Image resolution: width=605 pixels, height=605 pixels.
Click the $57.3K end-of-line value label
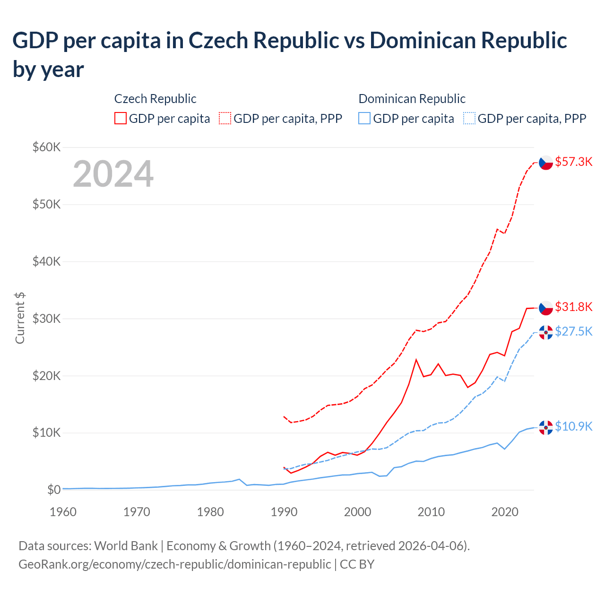tap(573, 162)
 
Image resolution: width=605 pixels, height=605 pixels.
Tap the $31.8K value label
tap(573, 307)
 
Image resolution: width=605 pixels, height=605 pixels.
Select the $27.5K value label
tap(573, 331)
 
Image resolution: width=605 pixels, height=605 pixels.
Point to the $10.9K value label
tap(573, 426)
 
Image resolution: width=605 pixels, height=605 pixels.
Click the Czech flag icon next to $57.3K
tap(546, 163)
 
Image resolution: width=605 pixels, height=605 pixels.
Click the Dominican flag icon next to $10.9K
tap(546, 427)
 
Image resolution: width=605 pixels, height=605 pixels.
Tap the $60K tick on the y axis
tap(46, 147)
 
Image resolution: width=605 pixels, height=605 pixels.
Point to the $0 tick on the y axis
tap(54, 490)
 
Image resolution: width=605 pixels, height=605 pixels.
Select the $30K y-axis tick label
tap(46, 319)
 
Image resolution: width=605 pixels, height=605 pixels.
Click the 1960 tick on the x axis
tap(63, 512)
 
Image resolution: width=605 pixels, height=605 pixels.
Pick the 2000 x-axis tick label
tap(357, 512)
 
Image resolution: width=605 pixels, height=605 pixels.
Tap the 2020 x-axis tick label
tap(505, 512)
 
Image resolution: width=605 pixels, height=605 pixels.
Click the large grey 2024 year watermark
tap(113, 174)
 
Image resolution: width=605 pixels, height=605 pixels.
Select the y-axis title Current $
tap(20, 318)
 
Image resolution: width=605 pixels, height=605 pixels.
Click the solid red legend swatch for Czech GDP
tap(121, 118)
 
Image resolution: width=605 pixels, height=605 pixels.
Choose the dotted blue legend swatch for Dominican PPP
tap(469, 118)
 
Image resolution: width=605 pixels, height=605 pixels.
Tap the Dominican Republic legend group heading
tap(412, 99)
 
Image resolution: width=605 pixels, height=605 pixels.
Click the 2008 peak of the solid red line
tap(416, 360)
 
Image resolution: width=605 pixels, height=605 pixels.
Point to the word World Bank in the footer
tap(126, 546)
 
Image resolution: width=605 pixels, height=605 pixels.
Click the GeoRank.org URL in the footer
tap(174, 564)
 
